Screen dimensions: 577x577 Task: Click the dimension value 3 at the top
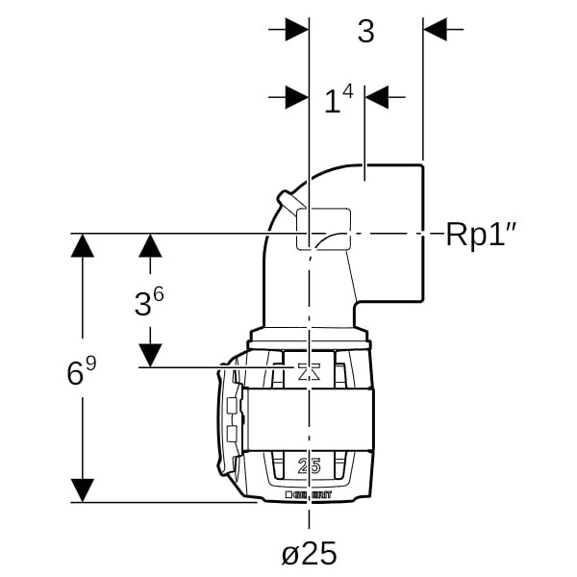tap(365, 32)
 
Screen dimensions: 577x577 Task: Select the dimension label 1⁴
tap(338, 99)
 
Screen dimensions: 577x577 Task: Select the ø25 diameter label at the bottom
tap(309, 554)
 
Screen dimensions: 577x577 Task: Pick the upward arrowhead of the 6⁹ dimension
tap(84, 245)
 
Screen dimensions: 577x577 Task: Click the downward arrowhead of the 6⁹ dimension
tap(84, 489)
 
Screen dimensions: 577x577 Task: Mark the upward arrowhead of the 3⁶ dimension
tap(149, 245)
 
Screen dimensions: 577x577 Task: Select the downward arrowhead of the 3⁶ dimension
tap(149, 355)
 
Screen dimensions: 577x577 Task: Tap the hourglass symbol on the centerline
tap(309, 373)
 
